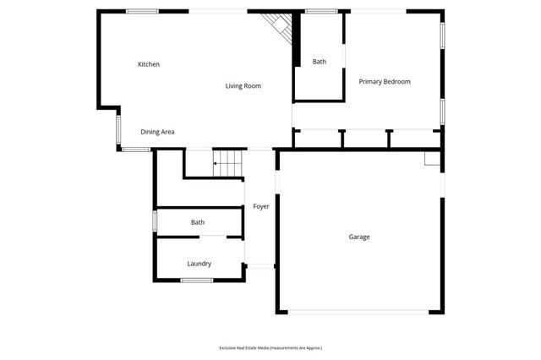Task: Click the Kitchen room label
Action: (149, 64)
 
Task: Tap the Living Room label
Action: (243, 85)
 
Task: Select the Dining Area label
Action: (157, 132)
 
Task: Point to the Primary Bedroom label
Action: (385, 81)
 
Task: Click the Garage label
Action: (359, 237)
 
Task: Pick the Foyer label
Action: (260, 206)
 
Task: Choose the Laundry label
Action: (199, 264)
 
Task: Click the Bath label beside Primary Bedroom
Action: (319, 61)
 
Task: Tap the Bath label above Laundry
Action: (197, 222)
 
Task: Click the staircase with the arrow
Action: (227, 163)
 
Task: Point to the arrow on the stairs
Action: (217, 163)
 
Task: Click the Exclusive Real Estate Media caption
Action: (270, 347)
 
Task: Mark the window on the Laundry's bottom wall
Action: (197, 280)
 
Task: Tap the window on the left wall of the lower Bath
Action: (154, 221)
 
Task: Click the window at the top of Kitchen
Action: (142, 11)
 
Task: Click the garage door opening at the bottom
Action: (359, 312)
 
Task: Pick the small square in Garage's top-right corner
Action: (432, 158)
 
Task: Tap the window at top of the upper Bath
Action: (320, 11)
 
